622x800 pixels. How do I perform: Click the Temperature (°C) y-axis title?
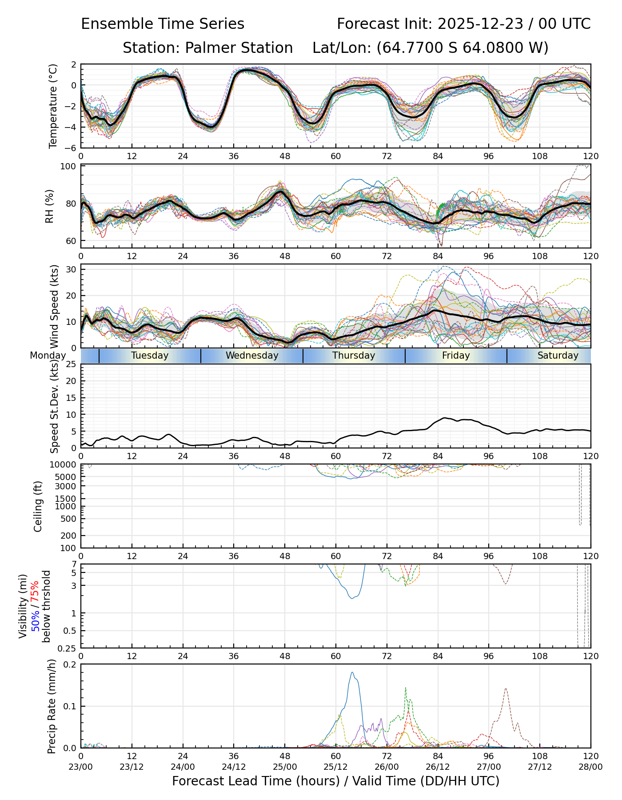(53, 106)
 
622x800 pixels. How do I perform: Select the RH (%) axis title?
(49, 206)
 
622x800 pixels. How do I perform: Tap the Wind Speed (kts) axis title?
(54, 306)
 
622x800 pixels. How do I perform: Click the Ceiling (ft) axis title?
(38, 506)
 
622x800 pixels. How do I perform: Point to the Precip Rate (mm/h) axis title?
(52, 706)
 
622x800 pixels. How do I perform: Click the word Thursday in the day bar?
(354, 356)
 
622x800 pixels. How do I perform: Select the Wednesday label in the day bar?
(252, 356)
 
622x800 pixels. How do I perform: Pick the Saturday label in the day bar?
(558, 356)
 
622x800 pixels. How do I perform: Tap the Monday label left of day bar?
(48, 356)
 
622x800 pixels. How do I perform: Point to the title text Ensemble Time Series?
(163, 24)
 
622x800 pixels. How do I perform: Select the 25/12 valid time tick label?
(335, 767)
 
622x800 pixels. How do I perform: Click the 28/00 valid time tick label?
(590, 767)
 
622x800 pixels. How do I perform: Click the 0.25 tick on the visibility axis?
(68, 648)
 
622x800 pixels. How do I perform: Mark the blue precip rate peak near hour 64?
(352, 672)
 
